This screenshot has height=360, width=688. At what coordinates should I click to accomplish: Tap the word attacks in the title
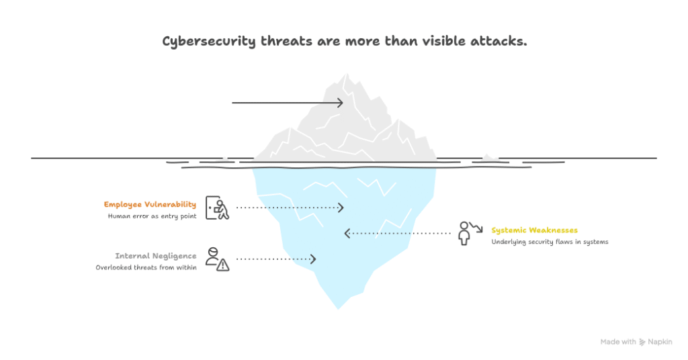coord(501,42)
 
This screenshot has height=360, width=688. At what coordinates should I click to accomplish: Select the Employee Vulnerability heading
coord(150,204)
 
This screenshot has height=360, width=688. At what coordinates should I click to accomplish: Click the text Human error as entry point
coord(152,216)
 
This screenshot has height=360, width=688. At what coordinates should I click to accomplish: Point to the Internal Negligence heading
coord(156,256)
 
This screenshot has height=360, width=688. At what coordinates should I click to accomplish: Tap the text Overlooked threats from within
coord(146,268)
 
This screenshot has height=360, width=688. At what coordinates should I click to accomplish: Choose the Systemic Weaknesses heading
coord(534,230)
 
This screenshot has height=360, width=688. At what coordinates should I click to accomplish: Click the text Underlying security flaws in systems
coord(550,242)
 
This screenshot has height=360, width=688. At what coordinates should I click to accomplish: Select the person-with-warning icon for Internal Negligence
coord(217,259)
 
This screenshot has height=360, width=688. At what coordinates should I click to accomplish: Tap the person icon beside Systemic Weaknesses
coord(465,232)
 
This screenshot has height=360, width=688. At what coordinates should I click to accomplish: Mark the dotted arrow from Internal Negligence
coord(276,259)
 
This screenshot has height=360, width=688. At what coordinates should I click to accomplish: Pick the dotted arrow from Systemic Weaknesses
coord(397,233)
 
